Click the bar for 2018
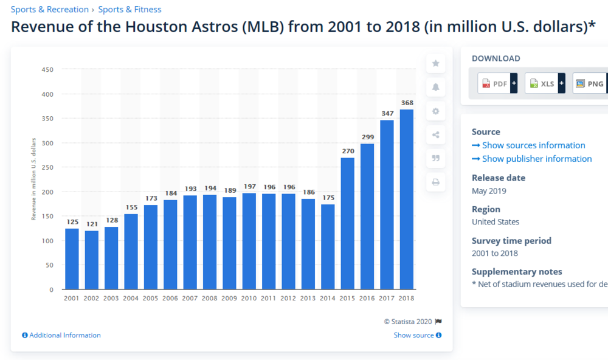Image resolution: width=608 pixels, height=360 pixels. click(x=407, y=199)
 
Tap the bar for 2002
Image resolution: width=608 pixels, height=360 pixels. click(x=91, y=260)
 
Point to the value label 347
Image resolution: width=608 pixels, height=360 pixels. click(x=387, y=114)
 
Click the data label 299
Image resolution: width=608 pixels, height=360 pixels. click(x=367, y=137)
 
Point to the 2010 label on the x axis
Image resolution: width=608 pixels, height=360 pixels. click(x=249, y=299)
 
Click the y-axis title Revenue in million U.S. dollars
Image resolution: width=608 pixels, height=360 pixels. click(x=34, y=179)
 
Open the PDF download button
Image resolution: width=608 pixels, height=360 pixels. click(x=497, y=83)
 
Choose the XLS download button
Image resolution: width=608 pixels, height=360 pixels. click(x=544, y=83)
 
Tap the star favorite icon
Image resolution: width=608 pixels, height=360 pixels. click(x=435, y=63)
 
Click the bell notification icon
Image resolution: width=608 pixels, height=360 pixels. click(x=435, y=87)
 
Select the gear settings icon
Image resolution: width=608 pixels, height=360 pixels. click(x=435, y=111)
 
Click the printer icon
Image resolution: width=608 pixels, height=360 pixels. click(x=435, y=182)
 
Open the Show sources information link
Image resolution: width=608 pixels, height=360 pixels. click(x=528, y=145)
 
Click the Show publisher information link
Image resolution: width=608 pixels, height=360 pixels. click(x=531, y=159)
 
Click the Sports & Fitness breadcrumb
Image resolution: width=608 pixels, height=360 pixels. click(x=130, y=9)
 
